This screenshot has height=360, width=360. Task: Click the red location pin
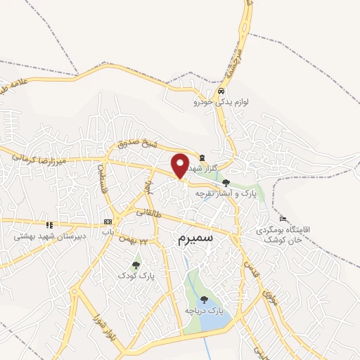click(x=180, y=165)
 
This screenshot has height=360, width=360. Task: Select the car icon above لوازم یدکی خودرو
click(x=221, y=91)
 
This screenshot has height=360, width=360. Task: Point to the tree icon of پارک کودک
click(x=136, y=265)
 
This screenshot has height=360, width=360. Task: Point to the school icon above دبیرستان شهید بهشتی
click(x=49, y=225)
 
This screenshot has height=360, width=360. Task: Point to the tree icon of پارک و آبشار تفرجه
click(x=225, y=182)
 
